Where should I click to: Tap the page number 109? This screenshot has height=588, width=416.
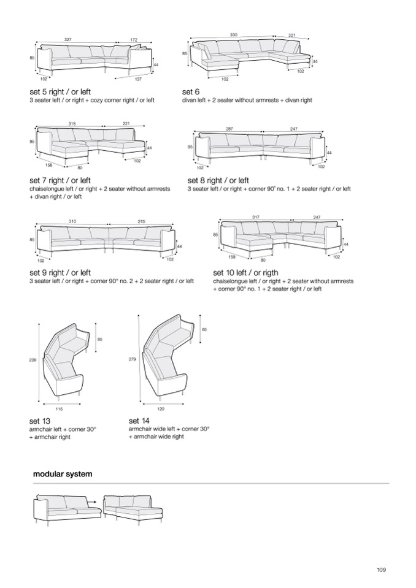point(381,570)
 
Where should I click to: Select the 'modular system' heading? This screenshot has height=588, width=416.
point(63,474)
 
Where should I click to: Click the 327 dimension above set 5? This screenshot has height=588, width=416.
point(68,39)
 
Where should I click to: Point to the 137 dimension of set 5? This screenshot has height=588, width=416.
point(138,79)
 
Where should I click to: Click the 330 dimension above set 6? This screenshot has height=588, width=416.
point(233,34)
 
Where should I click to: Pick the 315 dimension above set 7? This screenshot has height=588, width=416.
point(72,124)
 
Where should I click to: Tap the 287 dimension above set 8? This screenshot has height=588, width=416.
point(229,129)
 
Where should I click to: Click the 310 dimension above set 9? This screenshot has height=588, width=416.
point(72,221)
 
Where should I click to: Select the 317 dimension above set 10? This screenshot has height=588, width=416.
point(256,217)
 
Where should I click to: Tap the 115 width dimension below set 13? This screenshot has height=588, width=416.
point(60,408)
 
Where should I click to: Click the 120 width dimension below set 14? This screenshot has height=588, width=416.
point(161,408)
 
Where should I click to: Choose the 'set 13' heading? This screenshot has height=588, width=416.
point(40,421)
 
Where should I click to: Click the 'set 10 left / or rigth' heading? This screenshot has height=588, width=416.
point(245,273)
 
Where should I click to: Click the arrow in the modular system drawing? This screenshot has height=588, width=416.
point(93,502)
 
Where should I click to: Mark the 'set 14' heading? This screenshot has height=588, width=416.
point(139,421)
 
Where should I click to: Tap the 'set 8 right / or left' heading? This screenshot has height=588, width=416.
point(218,180)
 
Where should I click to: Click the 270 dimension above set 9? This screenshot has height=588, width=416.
point(141,221)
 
